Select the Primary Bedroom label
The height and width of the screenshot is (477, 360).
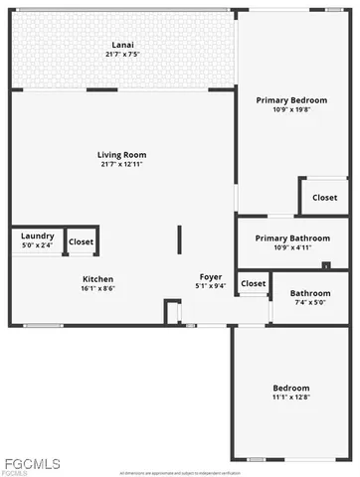click(292, 100)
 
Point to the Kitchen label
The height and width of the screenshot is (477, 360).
click(97, 279)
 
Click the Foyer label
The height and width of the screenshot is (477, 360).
click(210, 277)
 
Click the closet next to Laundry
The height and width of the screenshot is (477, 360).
click(81, 241)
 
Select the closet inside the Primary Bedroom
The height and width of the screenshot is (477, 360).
click(324, 197)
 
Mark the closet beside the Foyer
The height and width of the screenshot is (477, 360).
click(254, 283)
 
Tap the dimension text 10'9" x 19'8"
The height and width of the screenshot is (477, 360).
click(292, 110)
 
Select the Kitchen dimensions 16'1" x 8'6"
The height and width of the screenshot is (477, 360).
click(97, 289)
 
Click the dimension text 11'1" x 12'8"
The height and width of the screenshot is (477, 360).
click(291, 397)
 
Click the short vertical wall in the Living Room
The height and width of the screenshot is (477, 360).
click(179, 240)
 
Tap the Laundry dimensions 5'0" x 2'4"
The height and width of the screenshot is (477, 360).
click(38, 246)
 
